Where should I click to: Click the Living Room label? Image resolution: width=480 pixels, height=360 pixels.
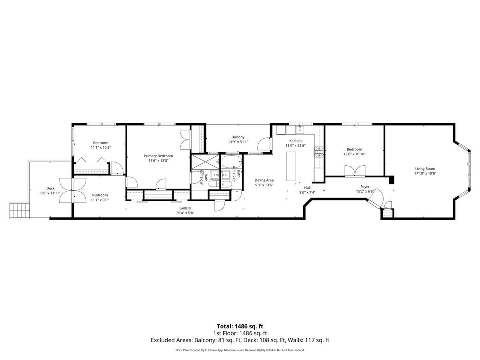(425, 168)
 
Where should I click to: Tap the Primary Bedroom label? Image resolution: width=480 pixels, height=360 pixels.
(158, 156)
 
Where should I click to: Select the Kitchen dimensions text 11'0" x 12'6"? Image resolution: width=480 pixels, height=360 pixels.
(295, 146)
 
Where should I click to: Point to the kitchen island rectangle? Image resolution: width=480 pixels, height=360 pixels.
(291, 166)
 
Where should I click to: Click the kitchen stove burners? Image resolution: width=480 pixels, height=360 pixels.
(319, 152)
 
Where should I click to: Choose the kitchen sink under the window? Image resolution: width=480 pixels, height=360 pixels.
(300, 130)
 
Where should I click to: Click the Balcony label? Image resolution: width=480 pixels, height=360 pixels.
(238, 137)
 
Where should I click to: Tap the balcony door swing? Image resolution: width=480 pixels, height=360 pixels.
(264, 144)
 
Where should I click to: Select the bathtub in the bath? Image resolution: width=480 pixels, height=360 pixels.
(232, 162)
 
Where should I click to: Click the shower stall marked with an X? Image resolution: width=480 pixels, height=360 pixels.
(205, 162)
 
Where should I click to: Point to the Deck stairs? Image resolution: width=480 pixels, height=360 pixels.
(19, 210)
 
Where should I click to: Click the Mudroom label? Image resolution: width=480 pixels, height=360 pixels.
(100, 195)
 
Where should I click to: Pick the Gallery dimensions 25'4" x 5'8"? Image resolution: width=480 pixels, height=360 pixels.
(185, 213)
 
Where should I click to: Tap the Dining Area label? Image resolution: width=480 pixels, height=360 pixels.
(264, 180)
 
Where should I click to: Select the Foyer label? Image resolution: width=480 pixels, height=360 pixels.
(365, 186)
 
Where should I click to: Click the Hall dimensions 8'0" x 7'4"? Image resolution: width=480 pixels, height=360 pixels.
(307, 192)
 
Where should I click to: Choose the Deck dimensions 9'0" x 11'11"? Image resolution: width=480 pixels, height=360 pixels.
(50, 193)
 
